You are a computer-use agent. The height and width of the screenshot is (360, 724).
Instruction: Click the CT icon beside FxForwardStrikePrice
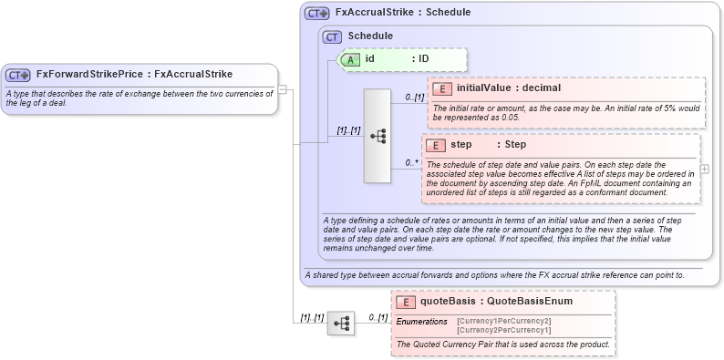18,75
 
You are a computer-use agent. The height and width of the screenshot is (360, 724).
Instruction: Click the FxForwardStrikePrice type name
90,75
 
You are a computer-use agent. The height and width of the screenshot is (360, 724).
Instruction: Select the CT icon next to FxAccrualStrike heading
316,14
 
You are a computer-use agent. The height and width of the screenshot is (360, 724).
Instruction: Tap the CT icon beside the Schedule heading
333,36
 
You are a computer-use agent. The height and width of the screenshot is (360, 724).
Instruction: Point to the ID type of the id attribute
424,59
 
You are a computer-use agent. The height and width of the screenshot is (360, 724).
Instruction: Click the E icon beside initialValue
441,88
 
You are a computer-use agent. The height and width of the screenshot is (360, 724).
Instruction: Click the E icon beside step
434,145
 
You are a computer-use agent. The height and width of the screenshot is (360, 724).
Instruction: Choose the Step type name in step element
515,145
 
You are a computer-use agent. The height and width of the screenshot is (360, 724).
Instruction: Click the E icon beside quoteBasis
405,301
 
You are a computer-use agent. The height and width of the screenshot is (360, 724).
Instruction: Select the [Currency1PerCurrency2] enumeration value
503,321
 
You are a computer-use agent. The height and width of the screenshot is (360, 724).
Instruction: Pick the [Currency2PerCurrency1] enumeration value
503,330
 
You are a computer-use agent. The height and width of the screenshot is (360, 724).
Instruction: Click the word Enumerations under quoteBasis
421,321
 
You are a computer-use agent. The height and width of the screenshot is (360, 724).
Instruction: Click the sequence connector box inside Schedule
377,136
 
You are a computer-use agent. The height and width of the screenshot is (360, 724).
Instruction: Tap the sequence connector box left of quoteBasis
340,323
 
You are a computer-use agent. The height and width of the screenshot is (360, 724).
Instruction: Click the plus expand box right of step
704,170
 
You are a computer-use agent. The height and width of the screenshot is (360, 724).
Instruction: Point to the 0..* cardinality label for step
412,163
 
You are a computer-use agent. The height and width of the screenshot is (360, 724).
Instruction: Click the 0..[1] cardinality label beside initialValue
415,96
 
